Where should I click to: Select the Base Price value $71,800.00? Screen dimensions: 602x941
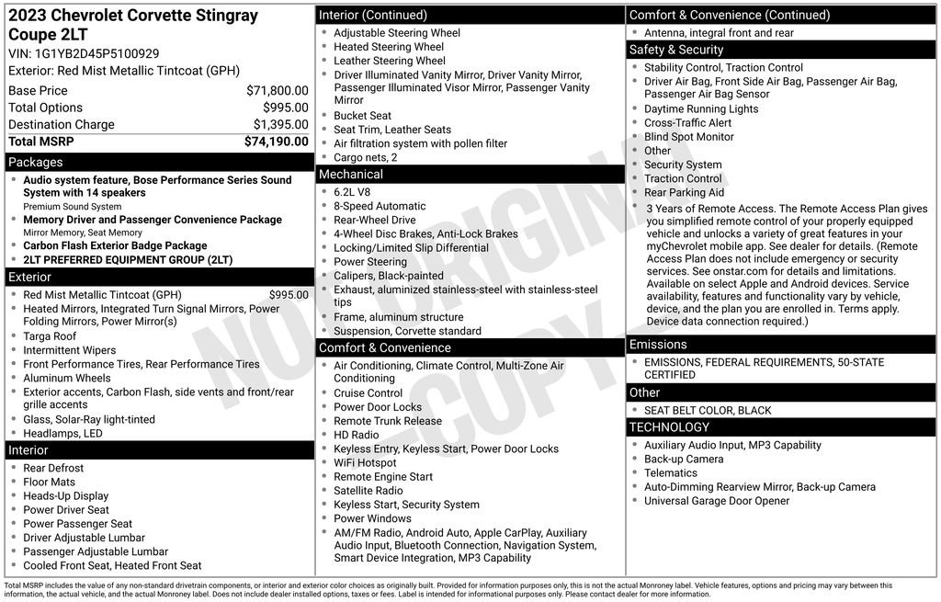[277, 91]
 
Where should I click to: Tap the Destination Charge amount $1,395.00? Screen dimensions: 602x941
[280, 125]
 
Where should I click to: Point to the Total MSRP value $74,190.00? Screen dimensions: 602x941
[276, 142]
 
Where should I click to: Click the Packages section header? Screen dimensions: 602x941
[36, 163]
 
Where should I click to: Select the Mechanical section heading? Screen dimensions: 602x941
[350, 175]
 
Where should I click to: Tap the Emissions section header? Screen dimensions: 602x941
[659, 345]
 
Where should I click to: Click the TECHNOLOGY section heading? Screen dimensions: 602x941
[669, 427]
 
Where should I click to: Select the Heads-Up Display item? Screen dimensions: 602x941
[65, 496]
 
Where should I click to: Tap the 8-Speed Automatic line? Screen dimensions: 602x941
[380, 207]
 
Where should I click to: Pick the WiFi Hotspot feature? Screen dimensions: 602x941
[365, 463]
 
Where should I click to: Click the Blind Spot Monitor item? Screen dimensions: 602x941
[688, 137]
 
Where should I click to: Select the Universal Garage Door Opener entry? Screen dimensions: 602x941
[717, 501]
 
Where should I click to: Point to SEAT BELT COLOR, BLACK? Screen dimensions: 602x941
[708, 410]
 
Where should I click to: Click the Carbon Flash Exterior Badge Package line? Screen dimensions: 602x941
[115, 246]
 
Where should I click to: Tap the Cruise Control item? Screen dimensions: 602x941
[368, 393]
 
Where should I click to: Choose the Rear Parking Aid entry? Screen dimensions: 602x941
[684, 193]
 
